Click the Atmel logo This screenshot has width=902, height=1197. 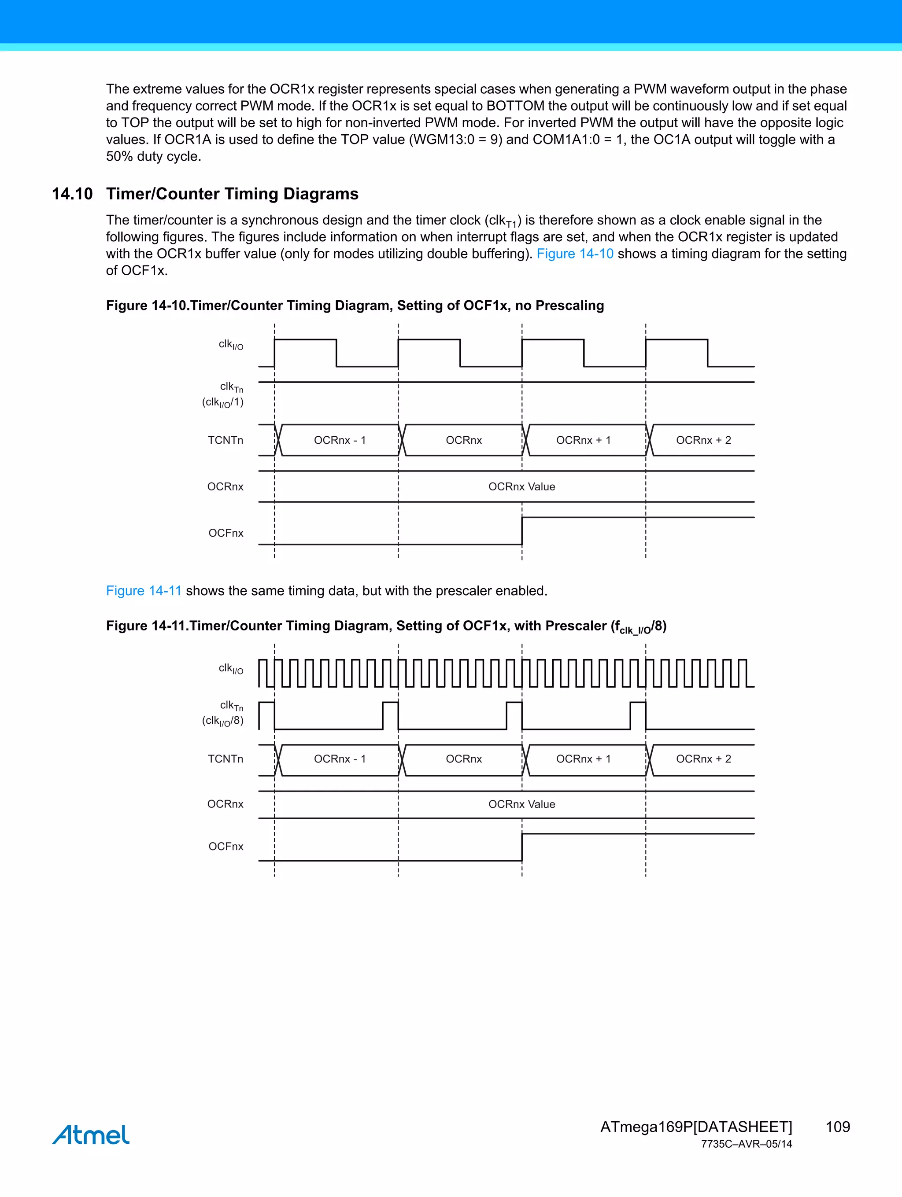[x=91, y=1135]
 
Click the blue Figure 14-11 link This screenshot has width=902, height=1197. [x=144, y=590]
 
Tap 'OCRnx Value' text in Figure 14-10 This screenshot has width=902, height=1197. [x=521, y=486]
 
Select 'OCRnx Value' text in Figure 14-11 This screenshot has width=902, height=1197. [x=521, y=804]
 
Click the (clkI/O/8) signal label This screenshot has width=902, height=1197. [x=222, y=721]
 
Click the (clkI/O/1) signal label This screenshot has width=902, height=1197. [x=222, y=402]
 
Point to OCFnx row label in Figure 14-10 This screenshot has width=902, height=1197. [x=226, y=533]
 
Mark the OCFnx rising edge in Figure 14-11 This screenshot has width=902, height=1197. [x=522, y=847]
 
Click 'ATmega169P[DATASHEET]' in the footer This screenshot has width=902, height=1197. [x=696, y=1127]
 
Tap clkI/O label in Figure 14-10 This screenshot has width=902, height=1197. [x=231, y=345]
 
